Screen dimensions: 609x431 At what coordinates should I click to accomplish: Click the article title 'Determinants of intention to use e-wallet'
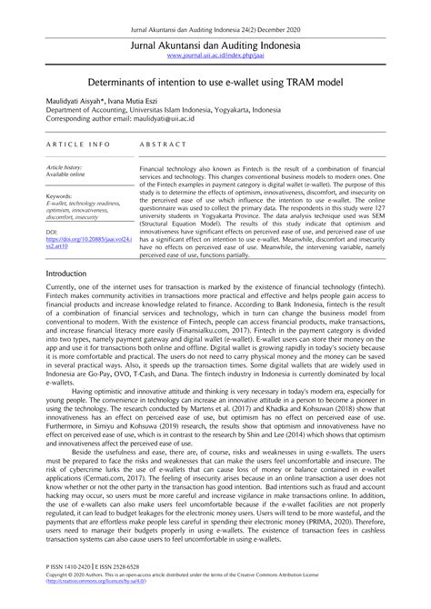(215, 81)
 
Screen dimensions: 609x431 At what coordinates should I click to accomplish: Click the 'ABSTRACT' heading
(164, 145)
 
